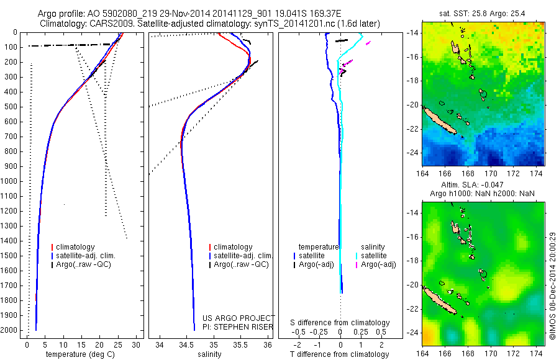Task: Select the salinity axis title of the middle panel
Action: tap(209, 354)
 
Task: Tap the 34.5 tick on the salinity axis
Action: tap(186, 344)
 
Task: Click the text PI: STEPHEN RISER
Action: tap(239, 326)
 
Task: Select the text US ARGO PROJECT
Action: tap(239, 318)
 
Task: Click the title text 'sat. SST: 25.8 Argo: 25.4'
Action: tap(483, 12)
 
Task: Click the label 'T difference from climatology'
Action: tap(340, 354)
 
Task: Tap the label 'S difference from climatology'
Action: tap(340, 323)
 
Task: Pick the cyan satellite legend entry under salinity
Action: tap(373, 256)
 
